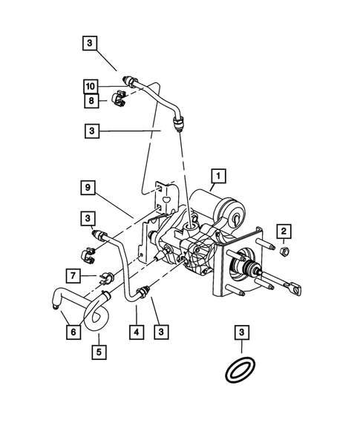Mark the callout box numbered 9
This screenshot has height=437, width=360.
[x=88, y=189]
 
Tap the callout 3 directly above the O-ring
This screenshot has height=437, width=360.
[x=241, y=332]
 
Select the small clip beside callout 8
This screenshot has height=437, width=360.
[x=120, y=100]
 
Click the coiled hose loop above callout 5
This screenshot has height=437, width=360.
[x=97, y=315]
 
